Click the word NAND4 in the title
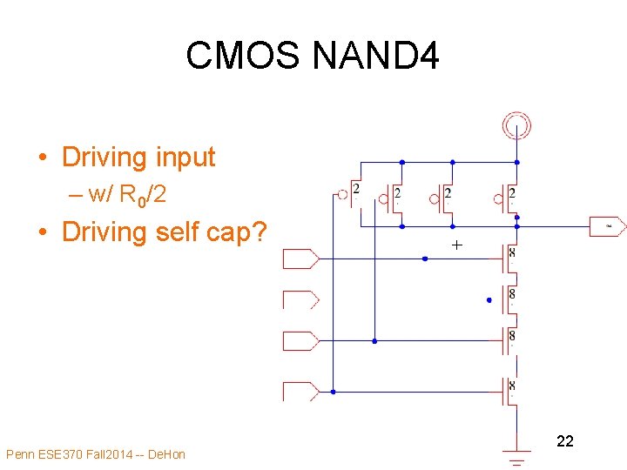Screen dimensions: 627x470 pyautogui.click(x=376, y=57)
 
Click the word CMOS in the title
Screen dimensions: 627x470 pyautogui.click(x=243, y=57)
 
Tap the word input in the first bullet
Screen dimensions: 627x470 pyautogui.click(x=176, y=157)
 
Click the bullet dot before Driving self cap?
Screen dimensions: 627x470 pyautogui.click(x=43, y=233)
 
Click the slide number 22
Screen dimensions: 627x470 pyautogui.click(x=564, y=441)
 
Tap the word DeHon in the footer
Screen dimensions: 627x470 pyautogui.click(x=166, y=454)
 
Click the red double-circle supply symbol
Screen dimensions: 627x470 pyautogui.click(x=516, y=126)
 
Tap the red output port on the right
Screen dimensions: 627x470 pyautogui.click(x=608, y=226)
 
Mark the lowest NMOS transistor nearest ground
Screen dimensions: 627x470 pyautogui.click(x=509, y=391)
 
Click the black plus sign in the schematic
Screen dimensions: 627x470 pyautogui.click(x=456, y=246)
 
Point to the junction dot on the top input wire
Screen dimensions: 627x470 pyautogui.click(x=424, y=258)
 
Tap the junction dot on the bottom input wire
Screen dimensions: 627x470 pyautogui.click(x=333, y=392)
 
